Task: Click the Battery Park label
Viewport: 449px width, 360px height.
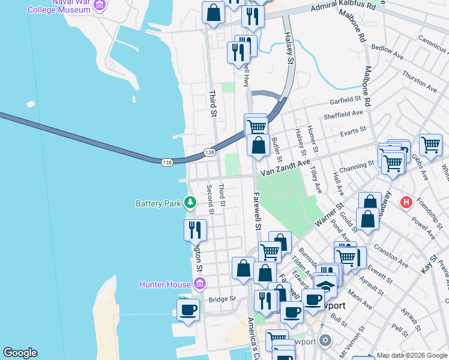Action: (x=158, y=203)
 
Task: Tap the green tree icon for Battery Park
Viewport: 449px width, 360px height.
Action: (x=190, y=203)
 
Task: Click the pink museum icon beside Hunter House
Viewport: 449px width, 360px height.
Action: (x=200, y=283)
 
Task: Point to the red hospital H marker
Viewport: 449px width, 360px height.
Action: (x=406, y=202)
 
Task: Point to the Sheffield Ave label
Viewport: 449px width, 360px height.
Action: (x=343, y=114)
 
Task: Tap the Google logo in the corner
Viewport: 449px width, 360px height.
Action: (x=20, y=353)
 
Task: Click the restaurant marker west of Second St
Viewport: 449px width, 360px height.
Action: (x=195, y=230)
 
